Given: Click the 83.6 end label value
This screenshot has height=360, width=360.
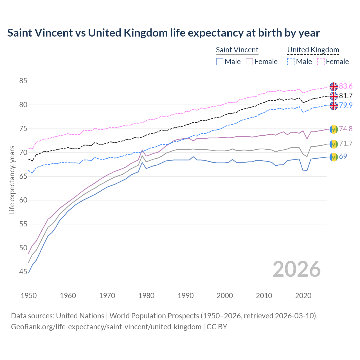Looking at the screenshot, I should point(346,86).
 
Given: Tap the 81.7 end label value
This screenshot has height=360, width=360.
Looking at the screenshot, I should point(346,96).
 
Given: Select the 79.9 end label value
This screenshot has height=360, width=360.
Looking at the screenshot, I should point(346,105).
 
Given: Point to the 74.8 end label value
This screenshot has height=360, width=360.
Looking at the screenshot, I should point(346,129).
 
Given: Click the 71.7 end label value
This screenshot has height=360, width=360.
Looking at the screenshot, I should point(346,144).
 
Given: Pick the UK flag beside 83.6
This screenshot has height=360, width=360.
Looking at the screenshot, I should point(334,87).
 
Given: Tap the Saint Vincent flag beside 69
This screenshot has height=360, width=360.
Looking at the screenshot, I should point(334,157).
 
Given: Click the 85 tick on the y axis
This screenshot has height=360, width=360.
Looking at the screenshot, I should point(23,81).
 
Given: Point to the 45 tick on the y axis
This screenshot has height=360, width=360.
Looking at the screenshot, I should point(23,272).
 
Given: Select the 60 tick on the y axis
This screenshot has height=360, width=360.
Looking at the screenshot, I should point(23,200).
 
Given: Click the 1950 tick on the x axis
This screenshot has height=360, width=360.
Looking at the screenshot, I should point(29,296).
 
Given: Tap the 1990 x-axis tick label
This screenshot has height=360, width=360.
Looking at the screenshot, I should point(186,296).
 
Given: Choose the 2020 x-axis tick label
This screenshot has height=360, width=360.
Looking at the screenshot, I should point(303,296).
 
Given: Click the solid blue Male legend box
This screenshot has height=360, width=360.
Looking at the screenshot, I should point(220,62).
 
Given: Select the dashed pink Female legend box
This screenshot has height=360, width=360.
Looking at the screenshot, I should point(321,62).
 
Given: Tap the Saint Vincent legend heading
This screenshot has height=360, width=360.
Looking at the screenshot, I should point(237,50).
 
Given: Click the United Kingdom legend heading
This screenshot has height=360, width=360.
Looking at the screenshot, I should point(313,50).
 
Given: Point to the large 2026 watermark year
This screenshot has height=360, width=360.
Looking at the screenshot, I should point(297,269).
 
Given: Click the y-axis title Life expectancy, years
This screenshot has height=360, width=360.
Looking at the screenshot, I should point(12,180).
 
